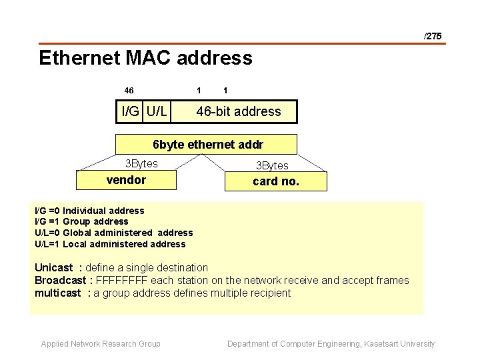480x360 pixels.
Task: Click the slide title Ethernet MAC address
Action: point(145,58)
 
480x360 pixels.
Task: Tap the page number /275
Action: point(433,36)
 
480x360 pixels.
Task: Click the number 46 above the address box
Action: point(129,89)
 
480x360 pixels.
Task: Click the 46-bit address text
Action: point(238,111)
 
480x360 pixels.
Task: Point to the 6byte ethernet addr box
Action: point(207,144)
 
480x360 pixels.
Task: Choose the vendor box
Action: point(126,180)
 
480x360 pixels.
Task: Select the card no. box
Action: point(276,181)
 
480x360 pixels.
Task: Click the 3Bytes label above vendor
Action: point(141,163)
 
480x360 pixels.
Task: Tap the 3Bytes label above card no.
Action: point(272,165)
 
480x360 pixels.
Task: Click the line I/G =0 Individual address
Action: point(89,211)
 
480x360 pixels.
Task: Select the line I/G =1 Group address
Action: point(81,221)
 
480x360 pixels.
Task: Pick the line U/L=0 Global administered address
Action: point(113,233)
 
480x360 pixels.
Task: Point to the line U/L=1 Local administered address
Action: point(110,244)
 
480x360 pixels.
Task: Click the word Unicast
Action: point(53,268)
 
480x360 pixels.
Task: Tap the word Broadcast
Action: point(60,281)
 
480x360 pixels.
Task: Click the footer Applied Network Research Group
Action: point(101,344)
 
